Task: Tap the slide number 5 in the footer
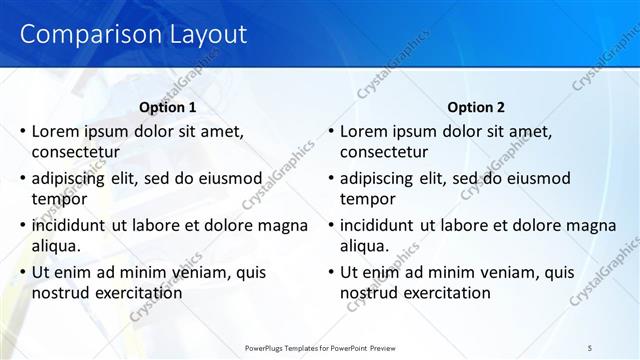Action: click(590, 347)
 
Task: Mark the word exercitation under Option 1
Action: click(136, 293)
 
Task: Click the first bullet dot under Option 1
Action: click(22, 131)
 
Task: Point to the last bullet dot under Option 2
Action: click(330, 272)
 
